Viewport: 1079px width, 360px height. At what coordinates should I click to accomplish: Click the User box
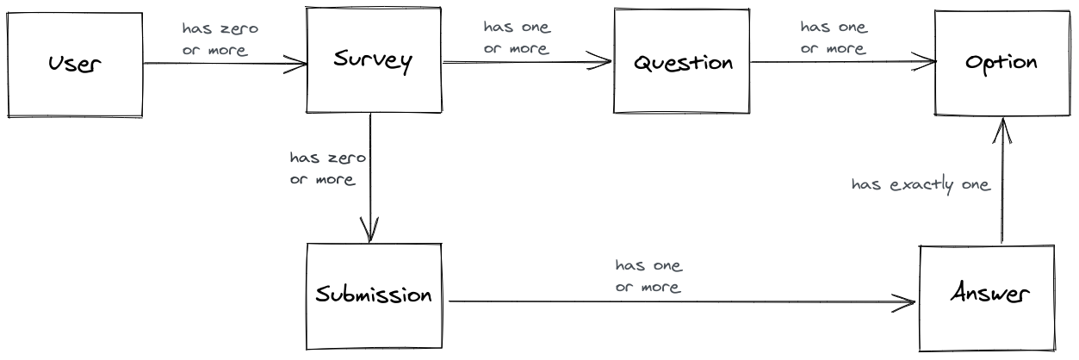coord(74,63)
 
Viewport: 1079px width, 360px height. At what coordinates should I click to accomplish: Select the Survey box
coord(373,61)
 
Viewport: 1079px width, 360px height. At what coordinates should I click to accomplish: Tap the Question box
coord(683,62)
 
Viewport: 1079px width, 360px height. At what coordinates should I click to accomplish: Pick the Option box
coord(1001,62)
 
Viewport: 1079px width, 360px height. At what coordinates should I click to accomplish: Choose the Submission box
coord(373,295)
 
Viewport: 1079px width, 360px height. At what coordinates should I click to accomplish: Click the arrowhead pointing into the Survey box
coord(301,63)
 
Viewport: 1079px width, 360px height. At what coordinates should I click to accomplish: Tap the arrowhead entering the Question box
coord(606,62)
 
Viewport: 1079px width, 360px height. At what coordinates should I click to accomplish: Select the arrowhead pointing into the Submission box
coord(370,235)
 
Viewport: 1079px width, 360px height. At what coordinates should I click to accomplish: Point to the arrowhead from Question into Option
coord(930,62)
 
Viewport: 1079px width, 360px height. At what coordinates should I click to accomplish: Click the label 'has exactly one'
coord(921,184)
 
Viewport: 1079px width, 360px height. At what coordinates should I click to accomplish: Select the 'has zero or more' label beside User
coord(220,40)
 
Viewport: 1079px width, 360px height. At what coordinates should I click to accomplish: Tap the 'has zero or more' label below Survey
coord(326,169)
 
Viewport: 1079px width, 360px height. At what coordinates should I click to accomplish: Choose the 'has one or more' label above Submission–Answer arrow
coord(648,276)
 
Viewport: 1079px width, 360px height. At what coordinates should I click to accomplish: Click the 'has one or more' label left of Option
coord(834,37)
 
